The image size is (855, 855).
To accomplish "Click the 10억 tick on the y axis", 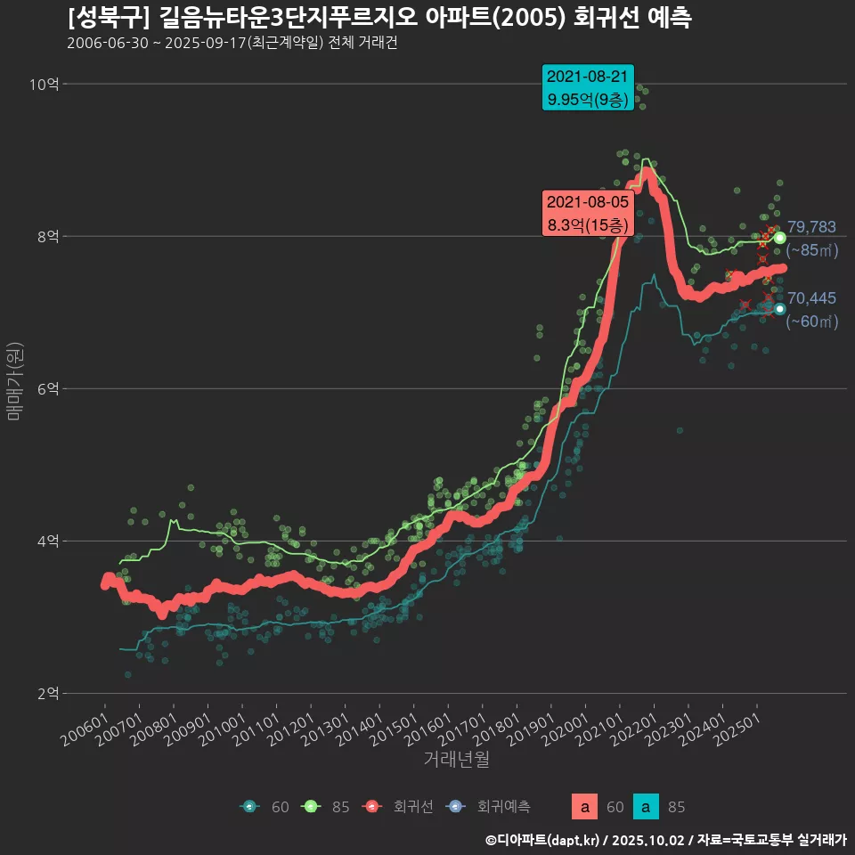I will tap(44, 85).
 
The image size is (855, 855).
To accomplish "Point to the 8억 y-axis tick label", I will tap(46, 237).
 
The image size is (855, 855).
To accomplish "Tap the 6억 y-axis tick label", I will tap(46, 389).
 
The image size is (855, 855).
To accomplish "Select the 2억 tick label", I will tap(46, 693).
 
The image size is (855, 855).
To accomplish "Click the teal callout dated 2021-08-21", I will tap(588, 87).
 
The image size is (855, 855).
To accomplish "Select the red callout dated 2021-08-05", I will tap(588, 214).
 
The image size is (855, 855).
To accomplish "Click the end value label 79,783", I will tap(811, 228).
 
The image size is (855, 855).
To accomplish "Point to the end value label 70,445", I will tap(811, 298).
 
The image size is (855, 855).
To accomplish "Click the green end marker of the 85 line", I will tap(780, 238).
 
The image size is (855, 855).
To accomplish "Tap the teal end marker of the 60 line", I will tap(780, 309).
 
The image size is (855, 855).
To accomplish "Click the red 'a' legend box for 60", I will tap(584, 807).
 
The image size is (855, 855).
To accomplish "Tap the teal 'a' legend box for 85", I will tap(646, 807).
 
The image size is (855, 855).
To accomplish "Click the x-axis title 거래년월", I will tap(456, 760).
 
